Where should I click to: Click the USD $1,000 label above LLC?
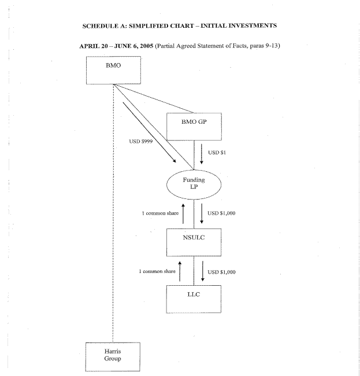pos(221,271)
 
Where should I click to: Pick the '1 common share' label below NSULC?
pos(158,271)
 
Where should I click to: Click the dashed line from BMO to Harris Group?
pos(113,231)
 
